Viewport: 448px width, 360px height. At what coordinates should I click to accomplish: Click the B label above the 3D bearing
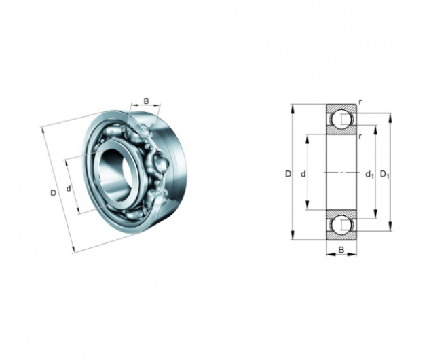(x=146, y=101)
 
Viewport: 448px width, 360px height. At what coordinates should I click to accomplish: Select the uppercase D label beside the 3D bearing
(x=53, y=193)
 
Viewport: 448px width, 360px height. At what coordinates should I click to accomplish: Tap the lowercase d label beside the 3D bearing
(x=69, y=189)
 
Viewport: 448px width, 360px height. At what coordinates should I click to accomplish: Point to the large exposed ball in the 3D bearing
(x=160, y=163)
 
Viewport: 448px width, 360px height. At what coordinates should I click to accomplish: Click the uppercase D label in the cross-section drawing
(x=288, y=174)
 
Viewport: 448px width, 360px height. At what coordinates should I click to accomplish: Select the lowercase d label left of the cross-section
(x=303, y=174)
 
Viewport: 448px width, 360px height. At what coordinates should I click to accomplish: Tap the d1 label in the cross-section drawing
(x=370, y=174)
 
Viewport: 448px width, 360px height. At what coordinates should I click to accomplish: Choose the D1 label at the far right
(x=385, y=174)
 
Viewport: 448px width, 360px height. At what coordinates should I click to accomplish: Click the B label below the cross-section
(x=341, y=250)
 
